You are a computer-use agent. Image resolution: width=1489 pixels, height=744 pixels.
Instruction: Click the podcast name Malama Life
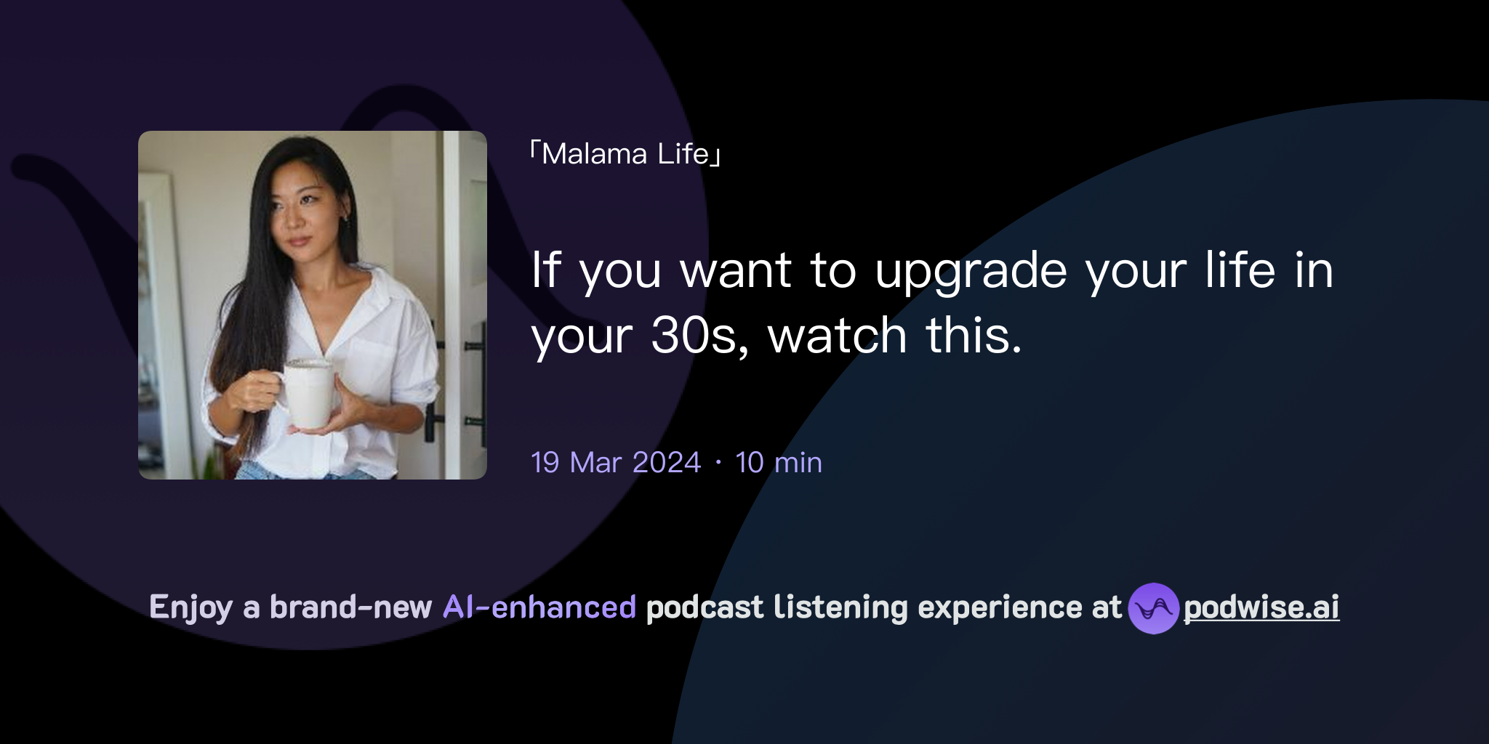tap(625, 154)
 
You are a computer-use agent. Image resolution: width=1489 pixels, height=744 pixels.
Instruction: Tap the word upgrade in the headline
tap(971, 271)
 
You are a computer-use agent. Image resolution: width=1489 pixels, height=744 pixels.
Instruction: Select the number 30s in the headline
tap(699, 336)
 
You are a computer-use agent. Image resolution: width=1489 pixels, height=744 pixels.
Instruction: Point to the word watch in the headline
tap(837, 336)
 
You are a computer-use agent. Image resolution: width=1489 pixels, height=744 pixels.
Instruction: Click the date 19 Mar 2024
tap(616, 463)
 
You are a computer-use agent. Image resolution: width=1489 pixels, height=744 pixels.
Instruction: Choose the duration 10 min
tap(779, 463)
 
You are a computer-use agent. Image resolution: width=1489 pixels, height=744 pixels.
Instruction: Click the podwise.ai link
tap(1261, 607)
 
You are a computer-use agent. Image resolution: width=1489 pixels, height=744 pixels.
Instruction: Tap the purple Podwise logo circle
tap(1153, 608)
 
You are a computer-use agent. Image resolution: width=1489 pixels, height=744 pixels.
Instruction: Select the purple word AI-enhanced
tap(539, 607)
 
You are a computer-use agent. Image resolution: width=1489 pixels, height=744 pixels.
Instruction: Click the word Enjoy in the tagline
tap(191, 607)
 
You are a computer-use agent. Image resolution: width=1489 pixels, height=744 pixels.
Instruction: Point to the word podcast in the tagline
tap(705, 607)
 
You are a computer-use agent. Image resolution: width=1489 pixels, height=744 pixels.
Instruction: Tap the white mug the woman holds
tap(308, 393)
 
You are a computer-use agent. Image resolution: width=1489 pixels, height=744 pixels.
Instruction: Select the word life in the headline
tap(1240, 270)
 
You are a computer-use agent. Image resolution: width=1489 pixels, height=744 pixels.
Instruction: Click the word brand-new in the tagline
tap(350, 607)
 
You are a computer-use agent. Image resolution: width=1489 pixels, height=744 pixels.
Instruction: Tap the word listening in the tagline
tap(840, 607)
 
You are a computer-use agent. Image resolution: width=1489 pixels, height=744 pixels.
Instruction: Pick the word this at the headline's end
tap(973, 336)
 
